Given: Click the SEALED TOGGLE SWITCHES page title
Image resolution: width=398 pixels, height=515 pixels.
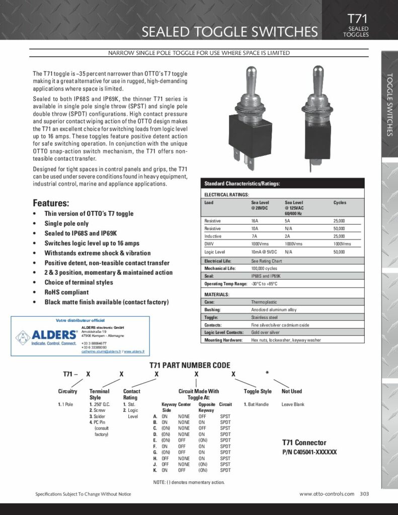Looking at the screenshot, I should point(230,32).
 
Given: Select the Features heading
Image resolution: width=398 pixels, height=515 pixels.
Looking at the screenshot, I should point(51,203).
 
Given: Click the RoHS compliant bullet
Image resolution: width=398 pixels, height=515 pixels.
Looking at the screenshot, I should point(66,292).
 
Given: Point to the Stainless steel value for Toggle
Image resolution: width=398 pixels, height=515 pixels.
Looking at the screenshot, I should point(264,317).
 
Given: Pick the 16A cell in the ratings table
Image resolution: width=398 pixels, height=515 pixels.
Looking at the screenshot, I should point(255,221).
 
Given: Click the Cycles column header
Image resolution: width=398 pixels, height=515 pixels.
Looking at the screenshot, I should point(340,203).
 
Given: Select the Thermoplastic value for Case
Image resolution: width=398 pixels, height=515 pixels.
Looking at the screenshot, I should point(264,302).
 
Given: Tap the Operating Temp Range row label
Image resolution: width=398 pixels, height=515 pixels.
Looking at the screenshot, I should point(225,284).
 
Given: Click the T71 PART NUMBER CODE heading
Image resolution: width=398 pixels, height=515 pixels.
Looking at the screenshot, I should point(190,365).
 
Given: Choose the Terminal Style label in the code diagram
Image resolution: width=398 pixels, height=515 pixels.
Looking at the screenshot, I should point(99,394).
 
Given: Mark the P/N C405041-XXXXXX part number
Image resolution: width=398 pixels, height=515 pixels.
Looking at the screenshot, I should point(309,452).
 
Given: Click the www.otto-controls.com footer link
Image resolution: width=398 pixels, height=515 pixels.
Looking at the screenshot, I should point(327,494).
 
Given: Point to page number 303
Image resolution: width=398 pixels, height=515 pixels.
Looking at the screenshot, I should point(364,494).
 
